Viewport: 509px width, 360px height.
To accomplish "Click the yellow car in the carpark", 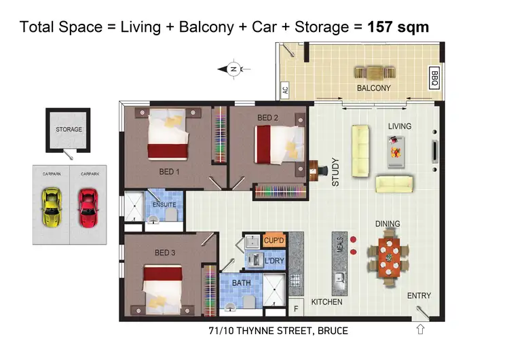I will pyautogui.click(x=50, y=209).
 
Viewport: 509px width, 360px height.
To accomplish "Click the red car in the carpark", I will pyautogui.click(x=88, y=209).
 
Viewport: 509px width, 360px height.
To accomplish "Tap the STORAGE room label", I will pyautogui.click(x=69, y=129).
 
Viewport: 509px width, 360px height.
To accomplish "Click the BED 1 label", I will pyautogui.click(x=168, y=172).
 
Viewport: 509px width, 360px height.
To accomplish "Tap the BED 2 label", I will pyautogui.click(x=267, y=118).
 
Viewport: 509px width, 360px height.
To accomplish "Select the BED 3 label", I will pyautogui.click(x=165, y=253).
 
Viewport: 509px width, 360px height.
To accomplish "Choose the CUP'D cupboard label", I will pyautogui.click(x=274, y=240).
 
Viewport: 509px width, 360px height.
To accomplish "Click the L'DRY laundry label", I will pyautogui.click(x=274, y=261).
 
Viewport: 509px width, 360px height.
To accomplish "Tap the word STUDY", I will pyautogui.click(x=335, y=172).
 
